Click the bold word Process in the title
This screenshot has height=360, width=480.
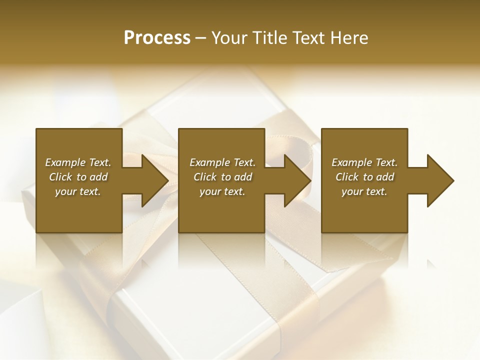click(157, 38)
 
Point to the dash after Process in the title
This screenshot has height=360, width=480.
click(200, 38)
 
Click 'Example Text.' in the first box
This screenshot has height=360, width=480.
click(78, 162)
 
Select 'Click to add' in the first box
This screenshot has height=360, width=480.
click(78, 177)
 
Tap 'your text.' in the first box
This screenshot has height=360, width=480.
click(78, 191)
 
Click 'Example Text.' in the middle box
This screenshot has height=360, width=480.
click(222, 162)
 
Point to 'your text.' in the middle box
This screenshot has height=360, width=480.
click(222, 191)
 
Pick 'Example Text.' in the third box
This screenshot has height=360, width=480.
click(364, 162)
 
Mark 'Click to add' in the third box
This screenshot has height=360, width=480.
click(364, 177)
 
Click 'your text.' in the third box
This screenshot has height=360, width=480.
click(364, 191)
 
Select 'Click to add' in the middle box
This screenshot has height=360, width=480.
click(222, 177)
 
